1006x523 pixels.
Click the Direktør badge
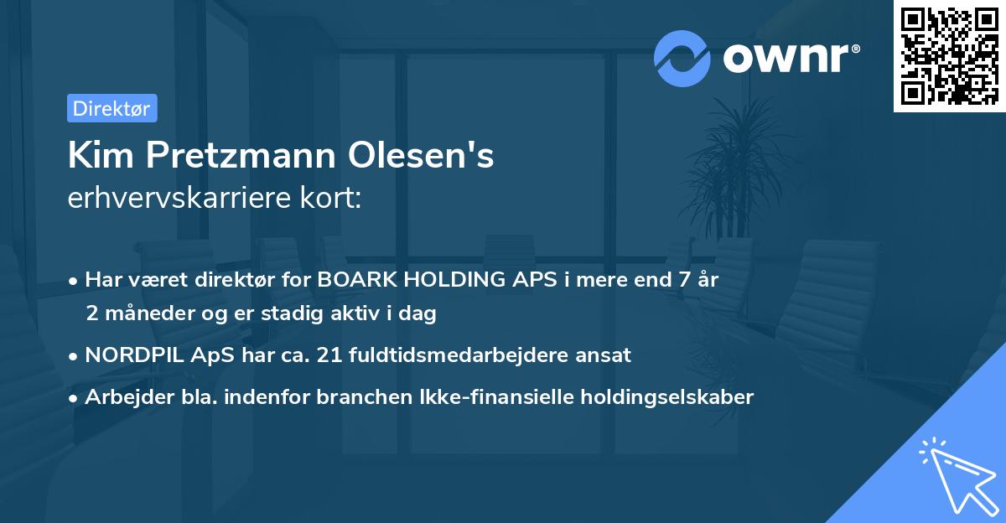tap(111, 108)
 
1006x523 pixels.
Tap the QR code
tap(948, 56)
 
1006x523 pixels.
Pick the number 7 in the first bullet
tap(687, 281)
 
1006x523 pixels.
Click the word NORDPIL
tap(133, 355)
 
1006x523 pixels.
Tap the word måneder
tap(142, 314)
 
